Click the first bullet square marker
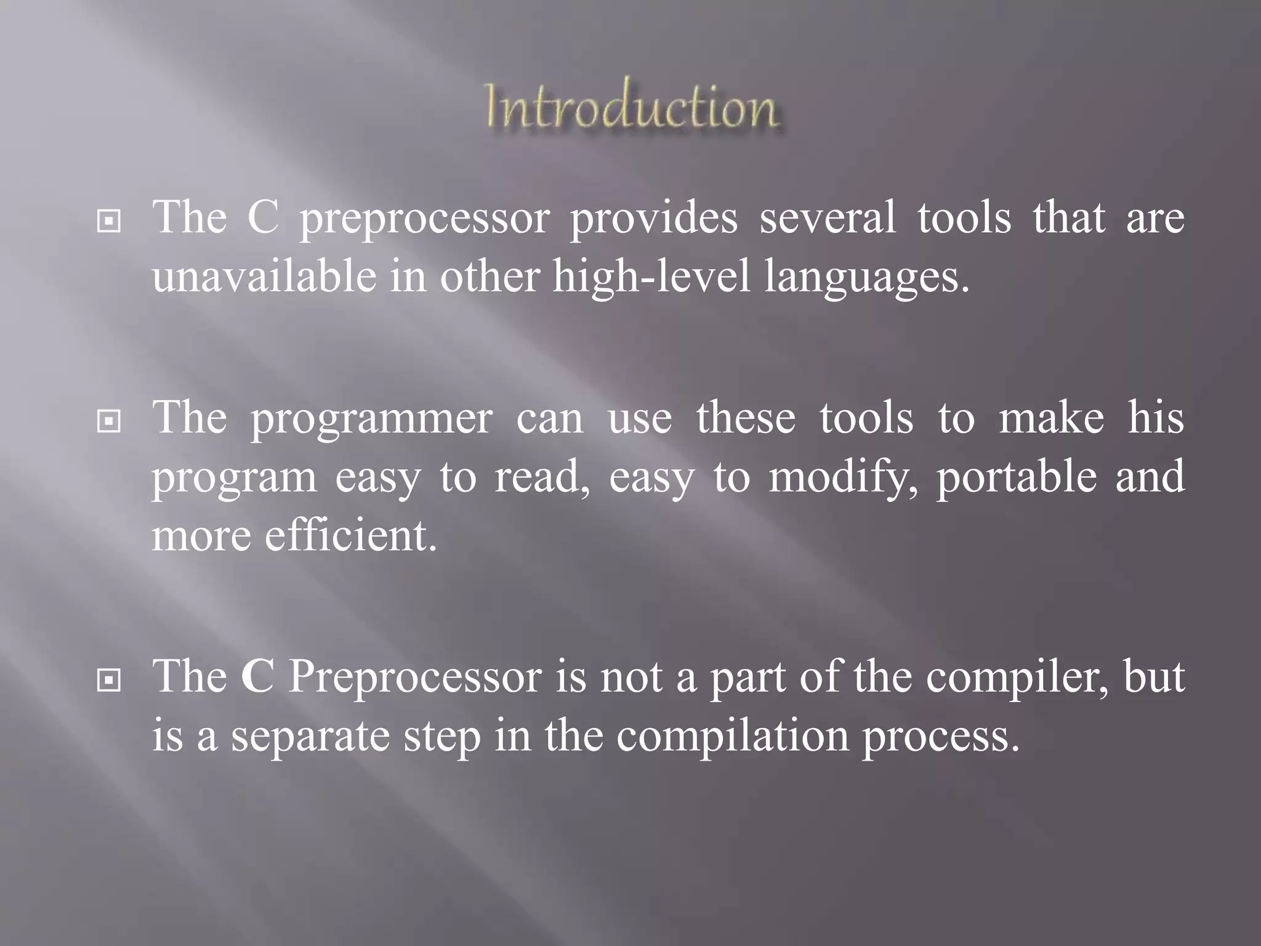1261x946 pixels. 109,222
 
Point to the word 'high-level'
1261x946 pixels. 651,277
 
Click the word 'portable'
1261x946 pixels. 1017,477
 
